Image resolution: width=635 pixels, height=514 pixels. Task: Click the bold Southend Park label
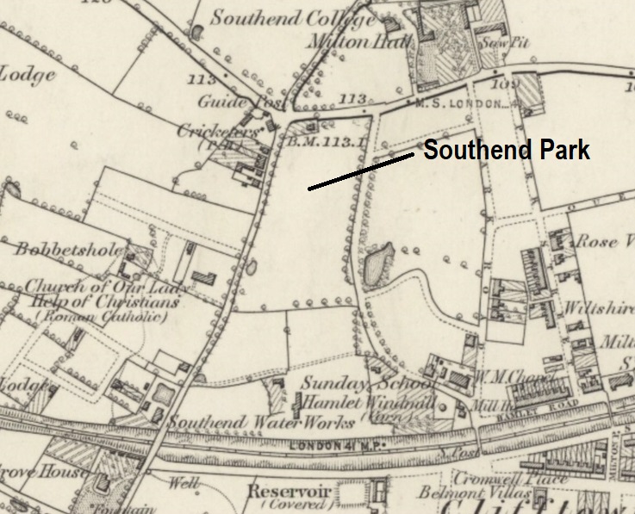coord(507,152)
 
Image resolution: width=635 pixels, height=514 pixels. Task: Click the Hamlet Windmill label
coord(354,402)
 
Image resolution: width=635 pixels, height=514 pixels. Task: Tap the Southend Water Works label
coord(261,423)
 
